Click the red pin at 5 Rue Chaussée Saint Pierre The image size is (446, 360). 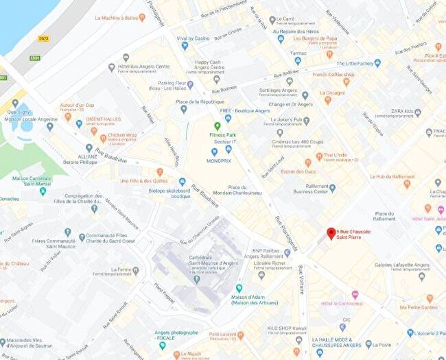click(x=331, y=234)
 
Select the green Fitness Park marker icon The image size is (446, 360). click(x=218, y=126)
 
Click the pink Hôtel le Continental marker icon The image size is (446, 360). click(x=355, y=295)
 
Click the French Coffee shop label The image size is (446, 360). click(x=333, y=74)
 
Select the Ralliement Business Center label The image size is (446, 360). click(x=312, y=189)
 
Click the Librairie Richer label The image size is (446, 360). click(x=269, y=263)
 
